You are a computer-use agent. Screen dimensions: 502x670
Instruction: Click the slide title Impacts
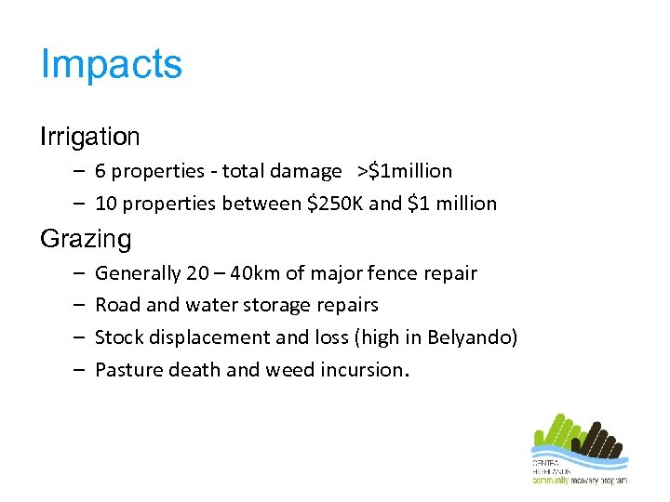pyautogui.click(x=112, y=65)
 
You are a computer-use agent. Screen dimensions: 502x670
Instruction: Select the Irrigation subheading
pyautogui.click(x=90, y=137)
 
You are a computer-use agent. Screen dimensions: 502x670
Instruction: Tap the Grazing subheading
pyautogui.click(x=86, y=239)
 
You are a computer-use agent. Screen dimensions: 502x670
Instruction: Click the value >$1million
pyautogui.click(x=405, y=171)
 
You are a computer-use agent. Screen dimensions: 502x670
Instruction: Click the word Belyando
pyautogui.click(x=468, y=337)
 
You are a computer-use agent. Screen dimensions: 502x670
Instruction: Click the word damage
pyautogui.click(x=306, y=171)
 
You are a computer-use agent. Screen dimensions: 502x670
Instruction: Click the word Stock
pyautogui.click(x=118, y=337)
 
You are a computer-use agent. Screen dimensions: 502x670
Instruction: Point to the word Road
pyautogui.click(x=116, y=306)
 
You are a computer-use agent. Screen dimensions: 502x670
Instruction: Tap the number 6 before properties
pyautogui.click(x=100, y=171)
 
